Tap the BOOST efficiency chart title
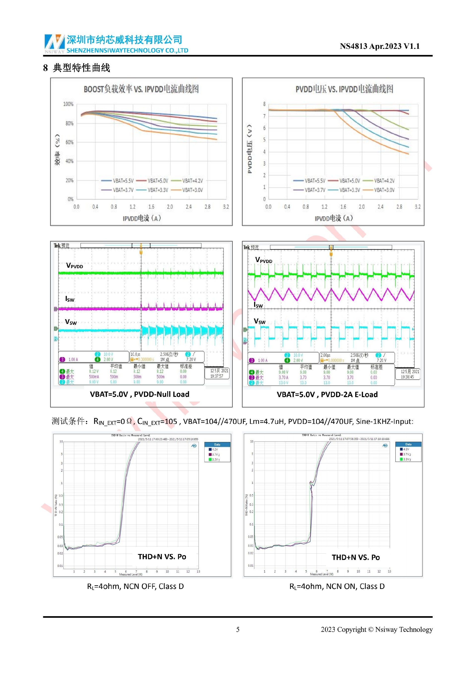coord(141,89)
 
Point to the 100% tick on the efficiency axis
coord(68,104)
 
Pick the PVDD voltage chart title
coord(344,89)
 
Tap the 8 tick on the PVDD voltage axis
coord(264,104)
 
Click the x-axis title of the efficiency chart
coord(142,218)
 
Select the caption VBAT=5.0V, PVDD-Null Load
coord(140,394)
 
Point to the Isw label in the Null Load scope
coord(70,299)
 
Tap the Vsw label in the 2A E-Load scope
coord(260,321)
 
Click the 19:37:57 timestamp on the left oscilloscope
coord(217,376)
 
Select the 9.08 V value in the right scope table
coord(283,372)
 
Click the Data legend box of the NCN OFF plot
coord(217,453)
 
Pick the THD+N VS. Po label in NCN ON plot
coord(356,557)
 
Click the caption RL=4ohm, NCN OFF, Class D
coord(135,586)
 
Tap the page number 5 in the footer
coord(238,629)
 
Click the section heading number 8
coord(45,68)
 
